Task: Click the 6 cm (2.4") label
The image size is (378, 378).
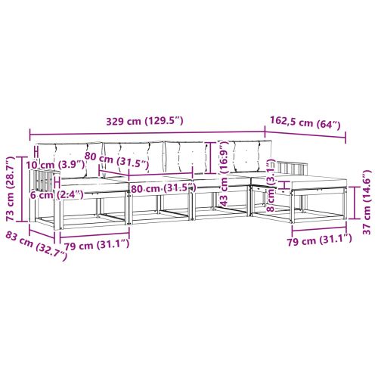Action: pyautogui.click(x=51, y=194)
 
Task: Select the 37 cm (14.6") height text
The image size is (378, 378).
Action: pyautogui.click(x=367, y=202)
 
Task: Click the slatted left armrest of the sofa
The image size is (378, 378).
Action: pyautogui.click(x=45, y=181)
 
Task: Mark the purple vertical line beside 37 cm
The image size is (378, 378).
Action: pyautogui.click(x=355, y=202)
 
